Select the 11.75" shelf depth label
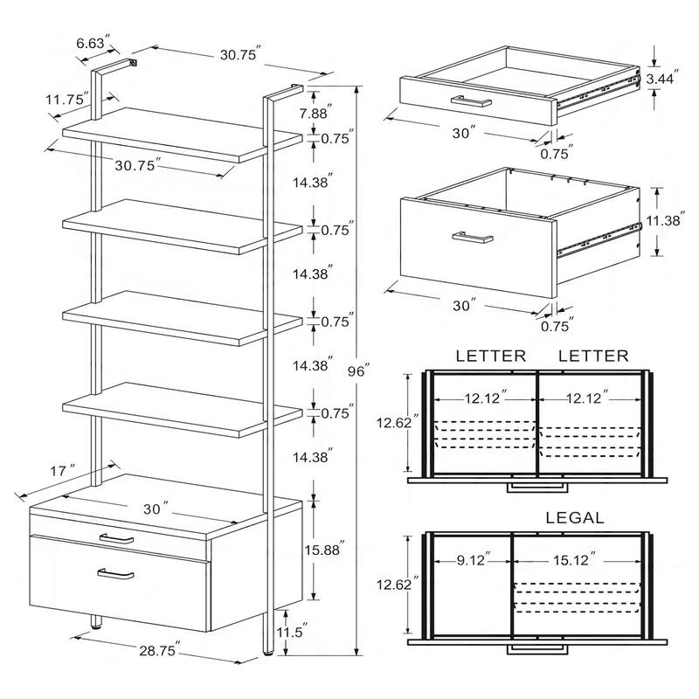coord(68,100)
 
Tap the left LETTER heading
coord(490,356)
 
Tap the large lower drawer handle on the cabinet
coord(115,573)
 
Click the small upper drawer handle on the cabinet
coord(115,538)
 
